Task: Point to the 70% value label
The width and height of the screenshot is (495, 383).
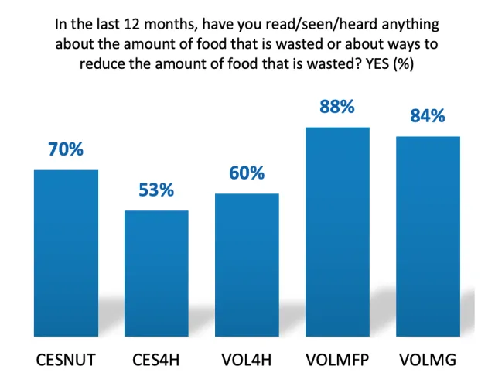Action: pos(67,149)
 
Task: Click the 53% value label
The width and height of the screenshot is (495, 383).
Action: pos(157,190)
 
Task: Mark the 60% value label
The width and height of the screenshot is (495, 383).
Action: pos(247,173)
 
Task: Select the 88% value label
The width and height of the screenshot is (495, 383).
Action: pos(337,107)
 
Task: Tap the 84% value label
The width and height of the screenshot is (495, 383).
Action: pos(428,116)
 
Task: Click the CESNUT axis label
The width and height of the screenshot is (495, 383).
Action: pos(67,361)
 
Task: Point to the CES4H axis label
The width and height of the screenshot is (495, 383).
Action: pos(157,361)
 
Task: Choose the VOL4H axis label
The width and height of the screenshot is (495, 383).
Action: pos(247,361)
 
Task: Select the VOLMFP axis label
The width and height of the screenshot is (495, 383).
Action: pos(337,361)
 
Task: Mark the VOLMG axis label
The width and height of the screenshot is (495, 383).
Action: pos(428,361)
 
